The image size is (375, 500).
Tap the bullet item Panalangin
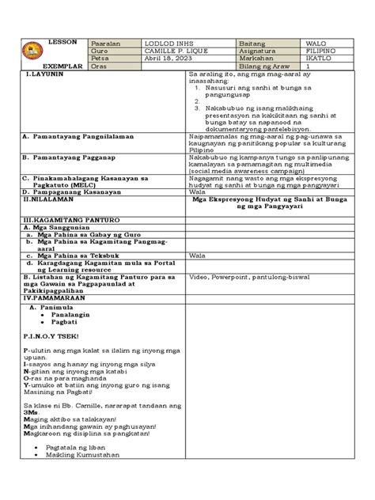point(71,314)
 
